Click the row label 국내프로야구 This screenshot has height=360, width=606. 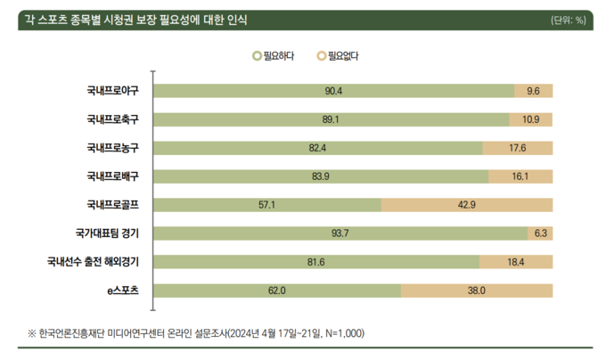[x=119, y=91]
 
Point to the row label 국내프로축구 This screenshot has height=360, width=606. [x=119, y=119]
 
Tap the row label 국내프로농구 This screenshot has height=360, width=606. [x=119, y=148]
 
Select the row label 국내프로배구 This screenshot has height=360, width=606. [x=119, y=176]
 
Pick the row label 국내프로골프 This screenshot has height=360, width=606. [x=119, y=205]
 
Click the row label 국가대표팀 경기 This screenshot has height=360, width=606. [x=114, y=233]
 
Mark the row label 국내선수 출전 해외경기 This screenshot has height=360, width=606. [x=99, y=262]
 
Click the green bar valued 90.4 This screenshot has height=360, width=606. [x=334, y=91]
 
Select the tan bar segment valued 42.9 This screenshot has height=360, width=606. [x=467, y=205]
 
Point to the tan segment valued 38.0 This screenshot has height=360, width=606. [x=476, y=290]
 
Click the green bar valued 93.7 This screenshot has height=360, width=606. [x=340, y=233]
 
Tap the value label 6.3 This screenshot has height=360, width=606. [x=540, y=233]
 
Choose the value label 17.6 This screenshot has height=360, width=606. [x=518, y=148]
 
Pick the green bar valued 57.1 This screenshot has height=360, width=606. [x=268, y=205]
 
